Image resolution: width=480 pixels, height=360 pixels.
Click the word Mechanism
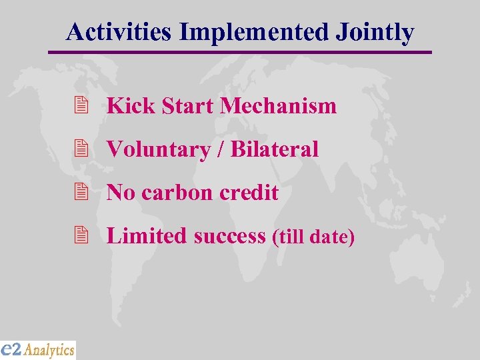click(x=278, y=105)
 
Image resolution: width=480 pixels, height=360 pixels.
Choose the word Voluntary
click(x=158, y=149)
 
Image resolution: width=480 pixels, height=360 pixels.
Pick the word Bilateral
click(x=275, y=149)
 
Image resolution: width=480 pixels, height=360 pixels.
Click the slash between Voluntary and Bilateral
click(x=220, y=149)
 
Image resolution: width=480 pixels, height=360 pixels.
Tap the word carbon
click(x=177, y=193)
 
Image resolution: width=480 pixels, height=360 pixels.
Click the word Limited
click(x=147, y=235)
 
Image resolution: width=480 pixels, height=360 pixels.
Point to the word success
click(x=230, y=235)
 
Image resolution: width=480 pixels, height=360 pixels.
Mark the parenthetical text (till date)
click(x=313, y=237)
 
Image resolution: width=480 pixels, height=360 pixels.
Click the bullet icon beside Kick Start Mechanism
click(x=82, y=105)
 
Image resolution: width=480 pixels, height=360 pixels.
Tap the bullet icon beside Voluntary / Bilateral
click(x=82, y=149)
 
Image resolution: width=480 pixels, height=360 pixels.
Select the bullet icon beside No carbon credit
click(x=82, y=192)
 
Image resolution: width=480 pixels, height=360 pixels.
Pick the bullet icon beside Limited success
click(x=82, y=235)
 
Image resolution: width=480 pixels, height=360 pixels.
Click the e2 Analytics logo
click(x=38, y=349)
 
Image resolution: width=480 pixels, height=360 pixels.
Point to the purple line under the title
click(x=240, y=52)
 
